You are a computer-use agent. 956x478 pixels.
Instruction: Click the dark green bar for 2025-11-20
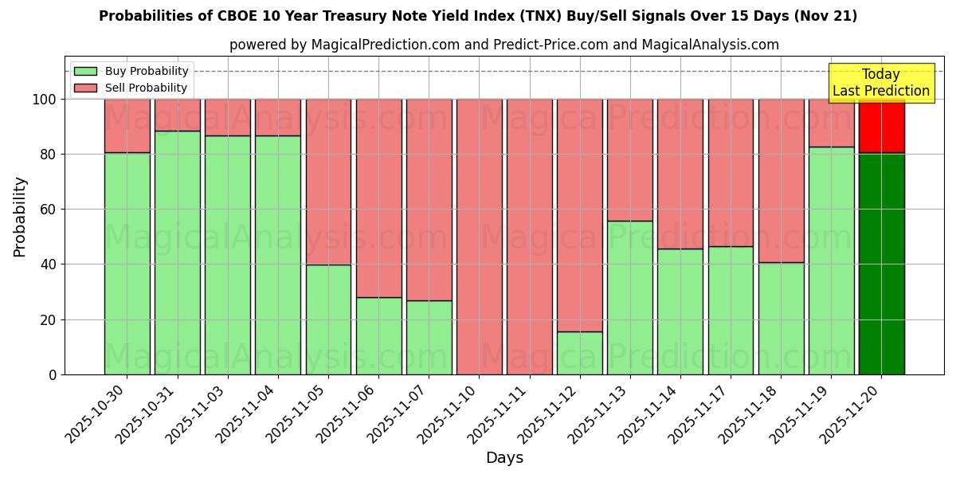coord(881,264)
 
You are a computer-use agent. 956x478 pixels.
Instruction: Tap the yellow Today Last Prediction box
coord(881,83)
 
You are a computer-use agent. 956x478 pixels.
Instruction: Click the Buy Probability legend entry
coord(131,72)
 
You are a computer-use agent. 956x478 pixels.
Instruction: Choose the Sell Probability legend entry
coord(131,88)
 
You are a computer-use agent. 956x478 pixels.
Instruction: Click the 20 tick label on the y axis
coord(49,320)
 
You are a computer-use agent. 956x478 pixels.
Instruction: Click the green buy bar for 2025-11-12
coord(579,353)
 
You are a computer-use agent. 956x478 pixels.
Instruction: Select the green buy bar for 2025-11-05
coord(328,319)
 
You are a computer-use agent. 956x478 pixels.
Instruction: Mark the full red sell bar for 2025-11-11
coord(529,237)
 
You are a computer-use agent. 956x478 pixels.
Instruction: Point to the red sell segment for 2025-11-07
coord(429,199)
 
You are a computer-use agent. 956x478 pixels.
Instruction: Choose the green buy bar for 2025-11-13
coord(629,297)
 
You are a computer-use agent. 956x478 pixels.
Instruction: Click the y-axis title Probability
coord(21,217)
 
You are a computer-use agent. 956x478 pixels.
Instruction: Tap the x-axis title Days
coord(504,458)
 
